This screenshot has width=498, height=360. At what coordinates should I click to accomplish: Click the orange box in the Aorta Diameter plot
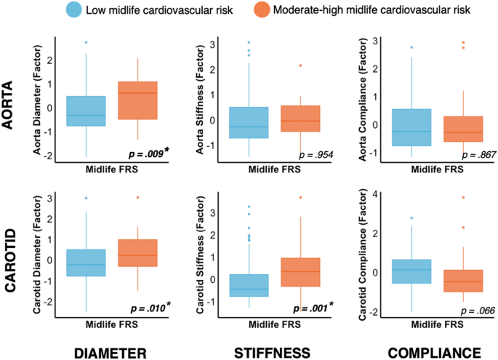coord(137,100)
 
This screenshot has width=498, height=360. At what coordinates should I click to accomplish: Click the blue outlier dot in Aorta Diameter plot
coord(87,43)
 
